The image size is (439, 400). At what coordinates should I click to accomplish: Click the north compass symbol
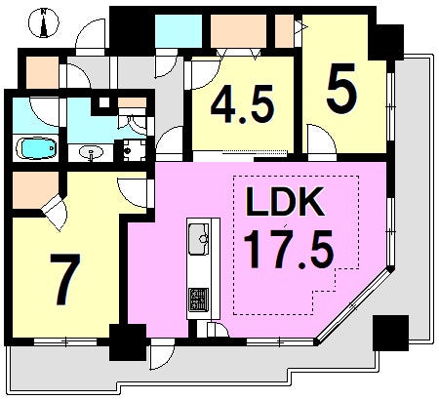[x=44, y=22]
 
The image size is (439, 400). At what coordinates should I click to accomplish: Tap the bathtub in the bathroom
[x=36, y=148]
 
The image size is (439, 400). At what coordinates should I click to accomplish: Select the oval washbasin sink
[x=92, y=152]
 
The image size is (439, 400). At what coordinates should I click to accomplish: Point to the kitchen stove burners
[x=199, y=299]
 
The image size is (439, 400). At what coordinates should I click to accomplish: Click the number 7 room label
[x=65, y=279]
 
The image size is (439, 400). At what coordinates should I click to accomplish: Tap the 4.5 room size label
[x=241, y=104]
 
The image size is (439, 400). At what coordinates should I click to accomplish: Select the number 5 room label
[x=341, y=89]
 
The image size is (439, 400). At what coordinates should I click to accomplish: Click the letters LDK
[x=285, y=202]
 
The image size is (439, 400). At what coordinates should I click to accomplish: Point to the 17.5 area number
[x=289, y=249]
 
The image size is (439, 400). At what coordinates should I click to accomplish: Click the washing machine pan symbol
[x=134, y=150]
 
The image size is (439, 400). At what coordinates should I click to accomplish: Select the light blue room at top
[x=179, y=31]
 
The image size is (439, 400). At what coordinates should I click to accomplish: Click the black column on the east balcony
[x=390, y=333]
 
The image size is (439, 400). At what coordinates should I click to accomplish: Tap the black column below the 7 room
[x=128, y=342]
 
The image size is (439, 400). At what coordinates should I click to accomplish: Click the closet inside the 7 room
[x=35, y=190]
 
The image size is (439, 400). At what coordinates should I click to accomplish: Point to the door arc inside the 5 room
[x=321, y=139]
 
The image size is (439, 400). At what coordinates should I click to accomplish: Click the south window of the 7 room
[x=65, y=341]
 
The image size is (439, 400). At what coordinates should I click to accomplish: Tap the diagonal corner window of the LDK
[x=355, y=305]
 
